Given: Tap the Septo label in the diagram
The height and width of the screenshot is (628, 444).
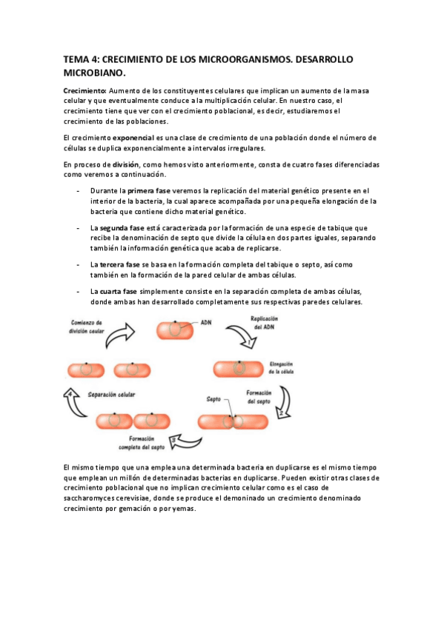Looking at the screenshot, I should (x=213, y=399).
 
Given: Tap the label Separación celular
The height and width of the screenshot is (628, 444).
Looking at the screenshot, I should (x=111, y=395).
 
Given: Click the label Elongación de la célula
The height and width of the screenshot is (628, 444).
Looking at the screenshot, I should (x=282, y=367).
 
